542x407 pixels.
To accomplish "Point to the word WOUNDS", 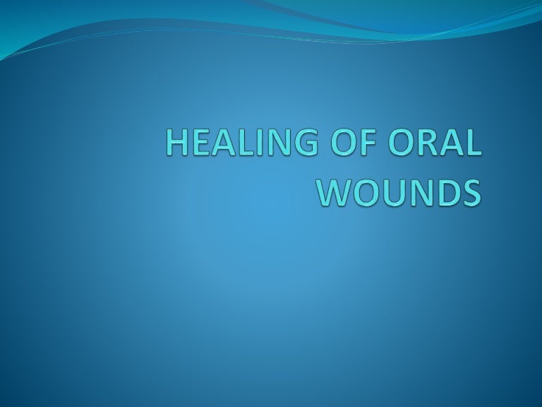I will click(x=399, y=191).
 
